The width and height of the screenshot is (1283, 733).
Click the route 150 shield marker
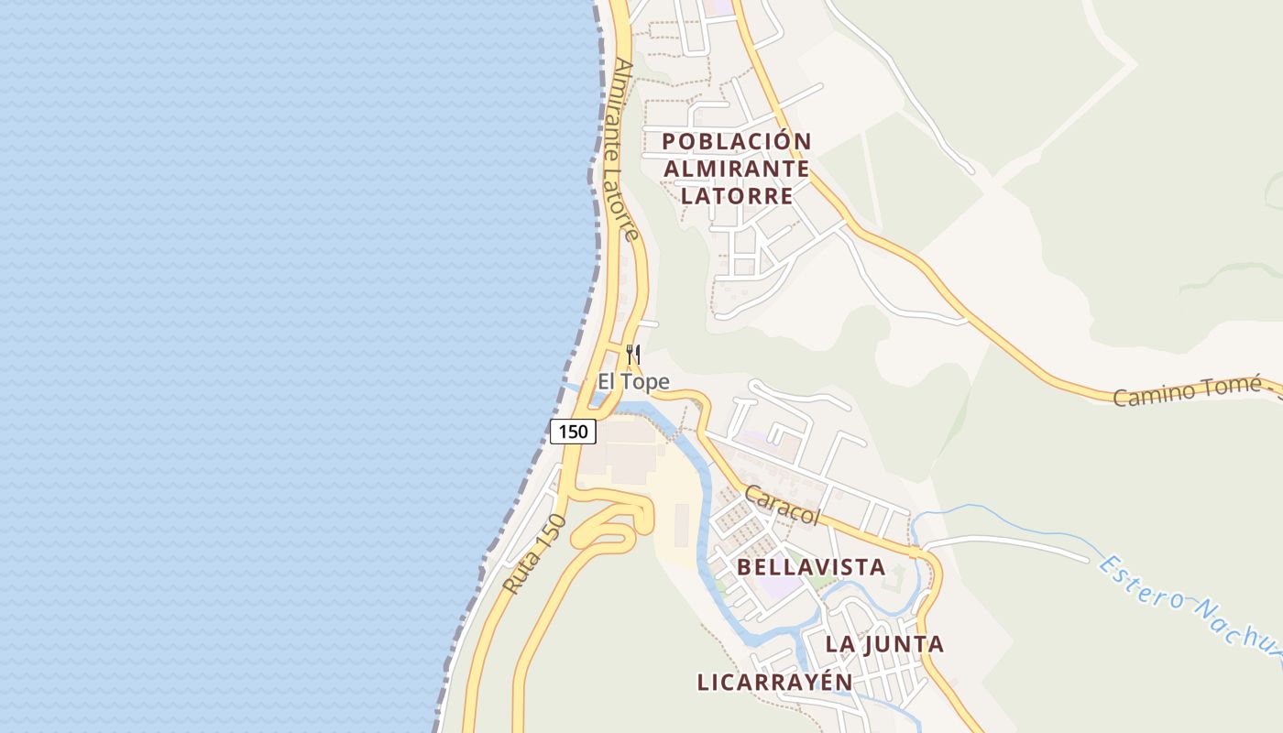pyautogui.click(x=573, y=431)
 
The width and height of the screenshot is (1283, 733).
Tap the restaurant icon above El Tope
pyautogui.click(x=632, y=354)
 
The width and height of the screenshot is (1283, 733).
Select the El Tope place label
pyautogui.click(x=633, y=382)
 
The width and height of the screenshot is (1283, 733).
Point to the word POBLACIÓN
pyautogui.click(x=737, y=141)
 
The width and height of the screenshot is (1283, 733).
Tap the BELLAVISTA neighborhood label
pyautogui.click(x=811, y=567)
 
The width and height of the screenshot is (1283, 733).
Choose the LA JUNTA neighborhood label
pyautogui.click(x=884, y=644)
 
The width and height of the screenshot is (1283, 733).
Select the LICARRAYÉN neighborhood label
pyautogui.click(x=774, y=683)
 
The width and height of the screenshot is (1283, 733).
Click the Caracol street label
pyautogui.click(x=782, y=505)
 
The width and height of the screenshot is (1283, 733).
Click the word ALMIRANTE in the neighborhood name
pyautogui.click(x=737, y=169)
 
